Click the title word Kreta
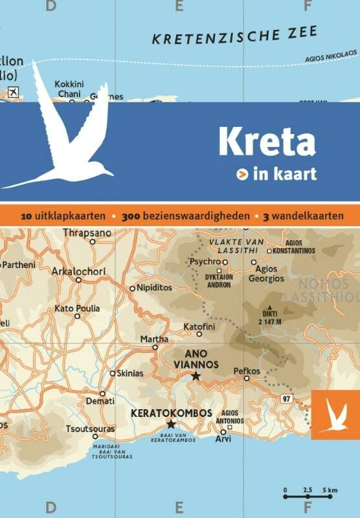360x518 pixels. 267,141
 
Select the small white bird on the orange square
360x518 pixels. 333,415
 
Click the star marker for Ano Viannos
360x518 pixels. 196,376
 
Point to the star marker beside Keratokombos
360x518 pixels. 171,424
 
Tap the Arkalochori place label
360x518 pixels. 78,271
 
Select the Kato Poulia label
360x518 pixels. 77,309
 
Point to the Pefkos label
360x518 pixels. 247,371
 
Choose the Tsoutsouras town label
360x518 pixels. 91,429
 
